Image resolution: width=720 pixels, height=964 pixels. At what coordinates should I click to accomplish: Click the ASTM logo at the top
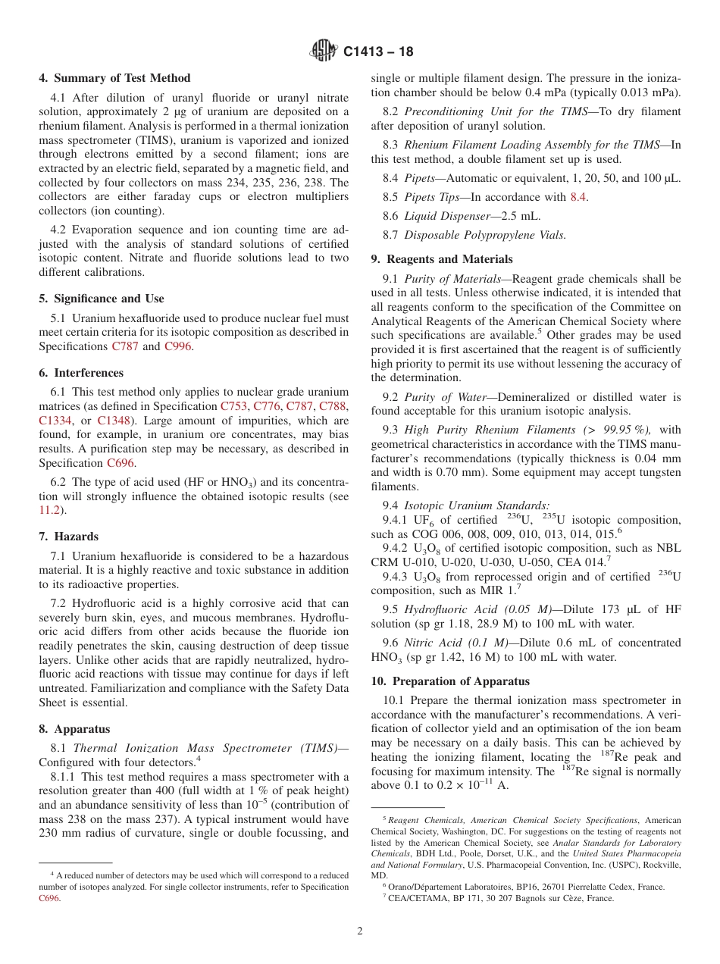(324, 52)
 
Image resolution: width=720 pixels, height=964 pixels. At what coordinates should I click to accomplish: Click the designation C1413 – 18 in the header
(378, 52)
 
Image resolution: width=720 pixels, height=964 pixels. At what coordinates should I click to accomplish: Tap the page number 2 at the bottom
(359, 931)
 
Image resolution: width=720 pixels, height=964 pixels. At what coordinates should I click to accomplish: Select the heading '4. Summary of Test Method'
(115, 78)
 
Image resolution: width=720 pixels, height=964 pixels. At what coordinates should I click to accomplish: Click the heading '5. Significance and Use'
(102, 299)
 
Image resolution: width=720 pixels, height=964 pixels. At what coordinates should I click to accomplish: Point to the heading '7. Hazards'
(69, 537)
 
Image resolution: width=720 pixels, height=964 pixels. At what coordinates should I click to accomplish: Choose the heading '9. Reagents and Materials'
(442, 259)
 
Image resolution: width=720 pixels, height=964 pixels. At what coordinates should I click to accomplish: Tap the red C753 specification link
(234, 406)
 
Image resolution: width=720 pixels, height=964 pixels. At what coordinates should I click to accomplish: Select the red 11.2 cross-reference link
(49, 510)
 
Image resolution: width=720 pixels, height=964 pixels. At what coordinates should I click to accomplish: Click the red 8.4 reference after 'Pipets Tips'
(579, 197)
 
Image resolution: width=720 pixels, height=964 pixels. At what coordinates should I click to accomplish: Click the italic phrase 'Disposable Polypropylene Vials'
(485, 235)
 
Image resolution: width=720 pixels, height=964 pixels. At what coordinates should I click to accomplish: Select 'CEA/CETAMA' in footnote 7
(416, 899)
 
